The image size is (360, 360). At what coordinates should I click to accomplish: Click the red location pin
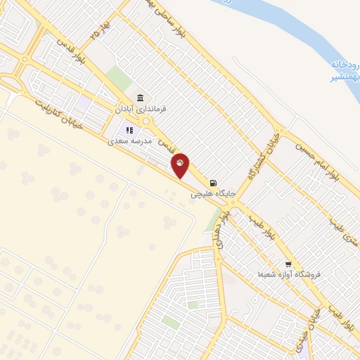point(181,165)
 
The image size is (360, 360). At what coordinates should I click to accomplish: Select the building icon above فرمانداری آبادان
point(141,98)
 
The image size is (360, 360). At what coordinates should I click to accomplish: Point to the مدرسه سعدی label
point(129,141)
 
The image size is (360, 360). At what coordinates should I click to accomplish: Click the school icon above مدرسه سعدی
point(129,129)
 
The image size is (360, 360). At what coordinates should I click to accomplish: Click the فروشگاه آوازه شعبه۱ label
point(288,273)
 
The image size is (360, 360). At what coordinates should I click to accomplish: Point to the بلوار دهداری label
point(222,228)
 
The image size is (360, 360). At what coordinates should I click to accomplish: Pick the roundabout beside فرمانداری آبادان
point(146,122)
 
